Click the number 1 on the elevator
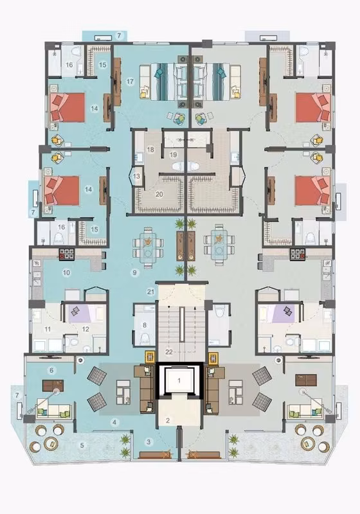[x=179, y=380]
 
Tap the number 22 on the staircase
[x=169, y=352]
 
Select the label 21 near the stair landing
[x=151, y=292]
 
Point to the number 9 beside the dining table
[x=134, y=272]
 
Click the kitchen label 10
[x=67, y=272]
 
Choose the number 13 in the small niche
[x=137, y=176]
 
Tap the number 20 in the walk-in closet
[x=159, y=195]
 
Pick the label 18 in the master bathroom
[x=150, y=150]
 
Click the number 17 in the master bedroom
[x=130, y=81]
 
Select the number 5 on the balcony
[x=82, y=445]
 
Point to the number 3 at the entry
[x=148, y=442]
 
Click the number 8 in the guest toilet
[x=144, y=325]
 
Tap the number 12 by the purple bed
[x=85, y=329]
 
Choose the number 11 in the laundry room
[x=48, y=329]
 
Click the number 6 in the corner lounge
[x=51, y=371]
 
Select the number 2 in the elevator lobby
[x=168, y=421]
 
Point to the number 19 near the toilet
[x=173, y=154]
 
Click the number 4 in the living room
[x=114, y=422]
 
